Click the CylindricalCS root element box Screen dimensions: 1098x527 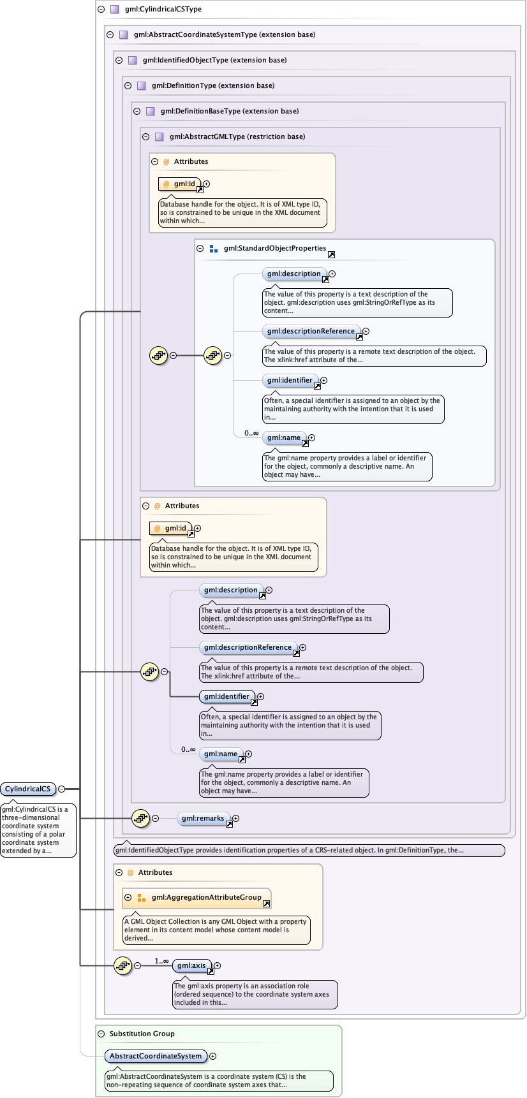click(28, 789)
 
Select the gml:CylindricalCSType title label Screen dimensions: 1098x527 click(163, 10)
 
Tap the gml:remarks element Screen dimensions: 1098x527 click(203, 819)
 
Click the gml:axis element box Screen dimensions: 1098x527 click(191, 966)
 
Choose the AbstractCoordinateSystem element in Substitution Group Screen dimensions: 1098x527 click(156, 1057)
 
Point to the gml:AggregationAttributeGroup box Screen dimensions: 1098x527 click(206, 898)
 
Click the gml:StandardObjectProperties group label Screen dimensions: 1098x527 click(274, 249)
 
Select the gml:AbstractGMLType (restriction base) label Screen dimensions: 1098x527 click(237, 136)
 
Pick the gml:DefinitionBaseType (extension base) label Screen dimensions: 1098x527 click(230, 111)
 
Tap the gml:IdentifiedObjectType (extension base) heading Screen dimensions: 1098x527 click(214, 60)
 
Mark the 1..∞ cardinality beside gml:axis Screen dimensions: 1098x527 click(161, 961)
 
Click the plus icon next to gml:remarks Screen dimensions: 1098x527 click(236, 819)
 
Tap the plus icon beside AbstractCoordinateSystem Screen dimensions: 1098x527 click(213, 1057)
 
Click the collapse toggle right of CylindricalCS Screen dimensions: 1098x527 click(62, 789)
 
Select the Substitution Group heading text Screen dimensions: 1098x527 click(142, 1034)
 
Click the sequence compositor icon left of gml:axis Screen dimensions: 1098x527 click(122, 966)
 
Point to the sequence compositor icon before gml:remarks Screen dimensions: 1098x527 click(140, 819)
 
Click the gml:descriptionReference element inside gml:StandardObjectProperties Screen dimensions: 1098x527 click(311, 332)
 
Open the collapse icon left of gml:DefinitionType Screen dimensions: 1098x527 click(128, 85)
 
